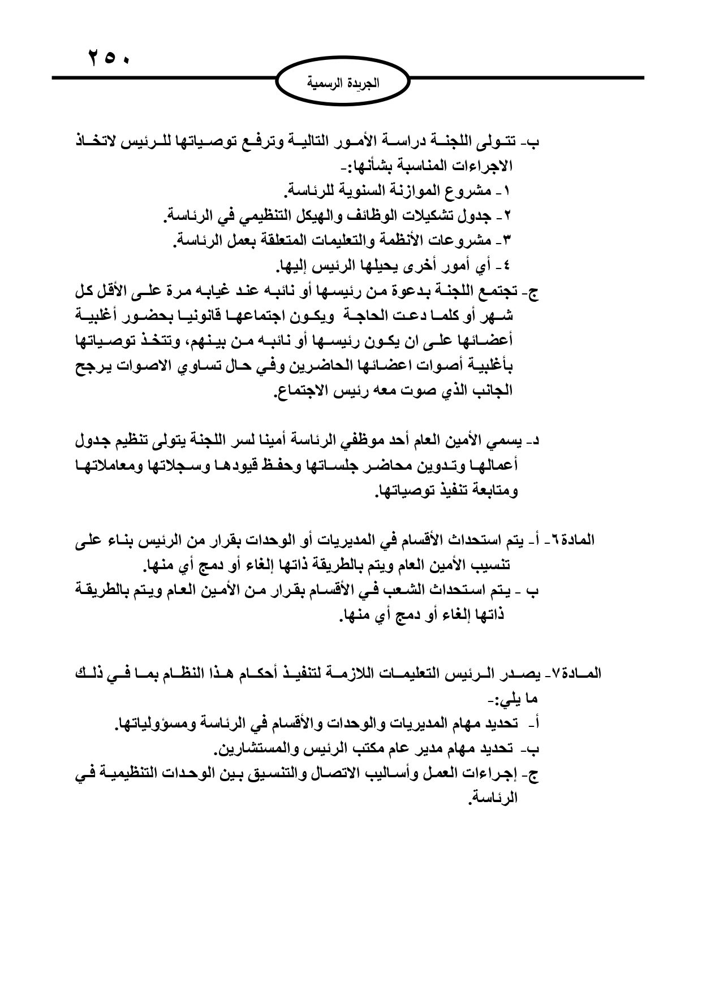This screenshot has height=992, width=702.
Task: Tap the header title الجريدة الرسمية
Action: [x=343, y=85]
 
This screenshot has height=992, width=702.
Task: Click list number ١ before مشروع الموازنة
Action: [x=506, y=191]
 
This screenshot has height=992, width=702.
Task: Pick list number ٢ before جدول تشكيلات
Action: [x=506, y=216]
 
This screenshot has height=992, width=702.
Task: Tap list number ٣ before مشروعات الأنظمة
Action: [x=506, y=241]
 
